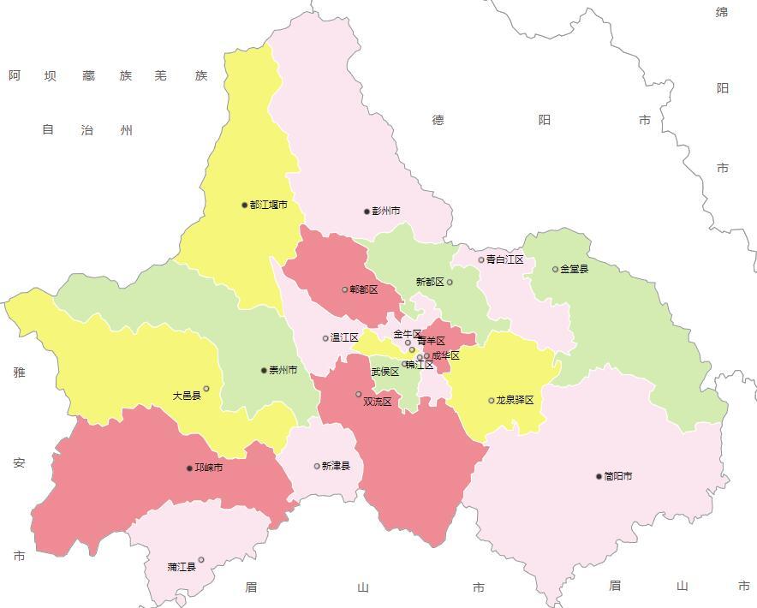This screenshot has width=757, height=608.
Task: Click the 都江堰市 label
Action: [x=268, y=206]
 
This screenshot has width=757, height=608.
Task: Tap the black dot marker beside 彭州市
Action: [x=367, y=212]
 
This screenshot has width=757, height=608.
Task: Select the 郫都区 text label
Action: [x=363, y=290]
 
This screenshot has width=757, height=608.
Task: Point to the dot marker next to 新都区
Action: [x=450, y=282]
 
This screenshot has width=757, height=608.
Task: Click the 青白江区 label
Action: [x=504, y=259]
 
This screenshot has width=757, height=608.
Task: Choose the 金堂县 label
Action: [x=574, y=269]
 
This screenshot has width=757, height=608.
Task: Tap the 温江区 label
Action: [x=344, y=338]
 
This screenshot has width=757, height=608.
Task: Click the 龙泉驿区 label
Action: [x=515, y=401]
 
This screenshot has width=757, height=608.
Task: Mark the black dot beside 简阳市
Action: [x=599, y=476]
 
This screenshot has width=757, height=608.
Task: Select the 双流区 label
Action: [x=377, y=402]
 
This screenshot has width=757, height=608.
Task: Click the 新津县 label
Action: [x=336, y=467]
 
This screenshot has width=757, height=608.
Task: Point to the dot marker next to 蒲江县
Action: [x=201, y=560]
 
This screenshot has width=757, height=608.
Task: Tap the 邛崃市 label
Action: [x=209, y=468]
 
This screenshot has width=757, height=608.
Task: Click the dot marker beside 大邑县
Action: [x=206, y=389]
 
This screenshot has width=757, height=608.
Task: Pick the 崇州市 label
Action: [x=283, y=371]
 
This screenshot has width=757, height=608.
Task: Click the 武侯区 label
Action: [x=384, y=373]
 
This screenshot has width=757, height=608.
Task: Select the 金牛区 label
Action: [x=407, y=334]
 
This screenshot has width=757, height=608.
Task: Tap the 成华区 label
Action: [x=445, y=355]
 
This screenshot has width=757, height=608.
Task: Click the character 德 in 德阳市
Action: [x=438, y=120]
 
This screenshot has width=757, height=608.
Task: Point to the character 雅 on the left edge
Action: [x=19, y=373]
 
